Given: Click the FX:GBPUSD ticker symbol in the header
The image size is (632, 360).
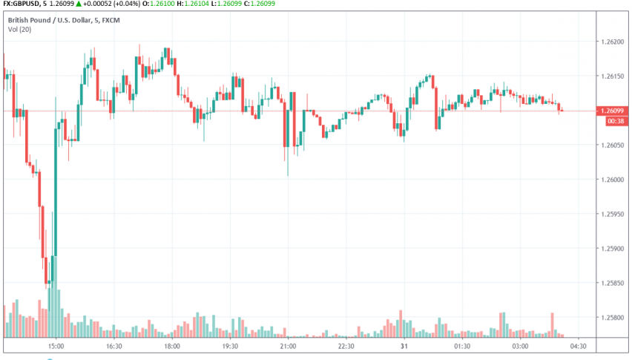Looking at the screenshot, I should coord(22,4).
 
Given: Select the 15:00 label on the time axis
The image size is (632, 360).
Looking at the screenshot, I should coord(56,346).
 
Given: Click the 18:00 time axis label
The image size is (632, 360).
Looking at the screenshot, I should coord(171,346).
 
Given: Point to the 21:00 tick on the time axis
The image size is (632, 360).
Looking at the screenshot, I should coord(288,346).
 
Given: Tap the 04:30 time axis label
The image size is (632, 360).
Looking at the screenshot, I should coord(578,346).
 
